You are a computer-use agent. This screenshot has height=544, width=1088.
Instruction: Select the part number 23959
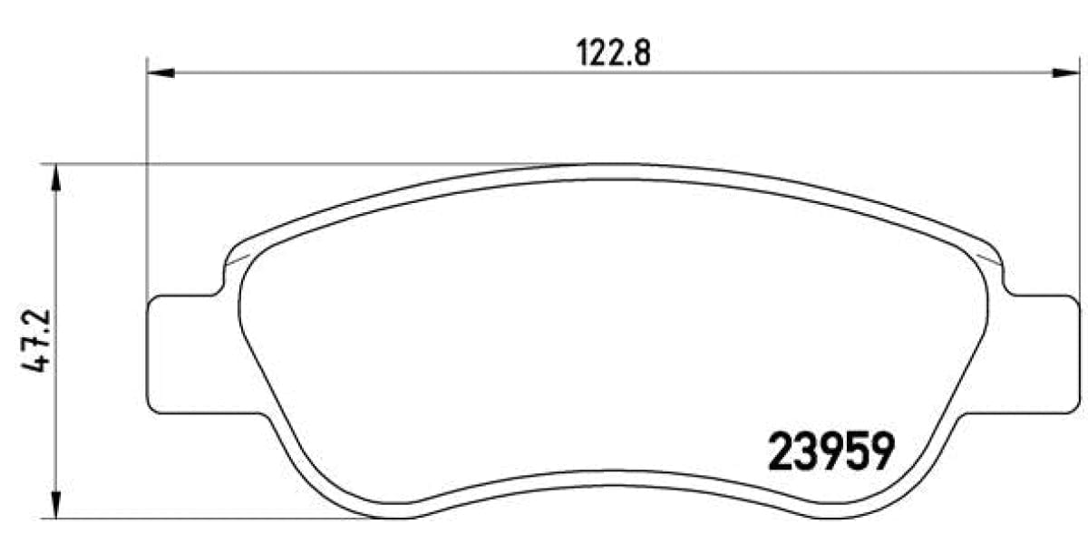(x=831, y=451)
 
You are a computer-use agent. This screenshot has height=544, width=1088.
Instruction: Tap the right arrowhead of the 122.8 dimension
(x=1065, y=73)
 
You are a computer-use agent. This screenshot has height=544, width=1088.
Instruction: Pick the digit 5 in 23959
(x=856, y=451)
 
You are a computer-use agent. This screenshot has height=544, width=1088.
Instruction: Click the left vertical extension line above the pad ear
(x=147, y=181)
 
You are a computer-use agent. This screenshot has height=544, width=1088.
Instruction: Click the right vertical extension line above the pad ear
(x=1076, y=181)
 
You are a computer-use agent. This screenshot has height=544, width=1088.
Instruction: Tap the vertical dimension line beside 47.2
(x=56, y=272)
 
